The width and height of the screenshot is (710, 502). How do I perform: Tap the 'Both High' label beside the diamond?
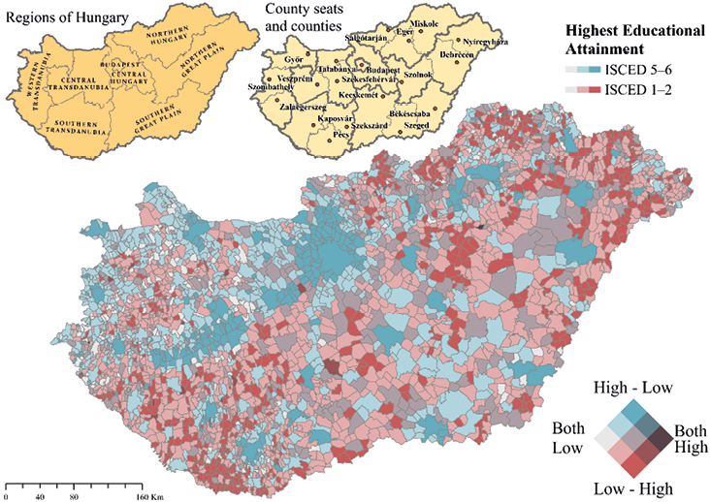[x=690, y=438]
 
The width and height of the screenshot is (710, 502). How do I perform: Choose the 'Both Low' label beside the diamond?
[x=568, y=438]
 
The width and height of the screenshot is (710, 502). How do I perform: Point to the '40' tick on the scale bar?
[x=40, y=496]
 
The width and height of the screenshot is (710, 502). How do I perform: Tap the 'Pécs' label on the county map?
[x=341, y=133]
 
